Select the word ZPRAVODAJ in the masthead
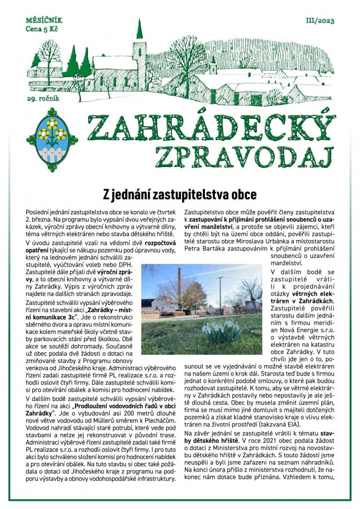pos(243,155)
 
